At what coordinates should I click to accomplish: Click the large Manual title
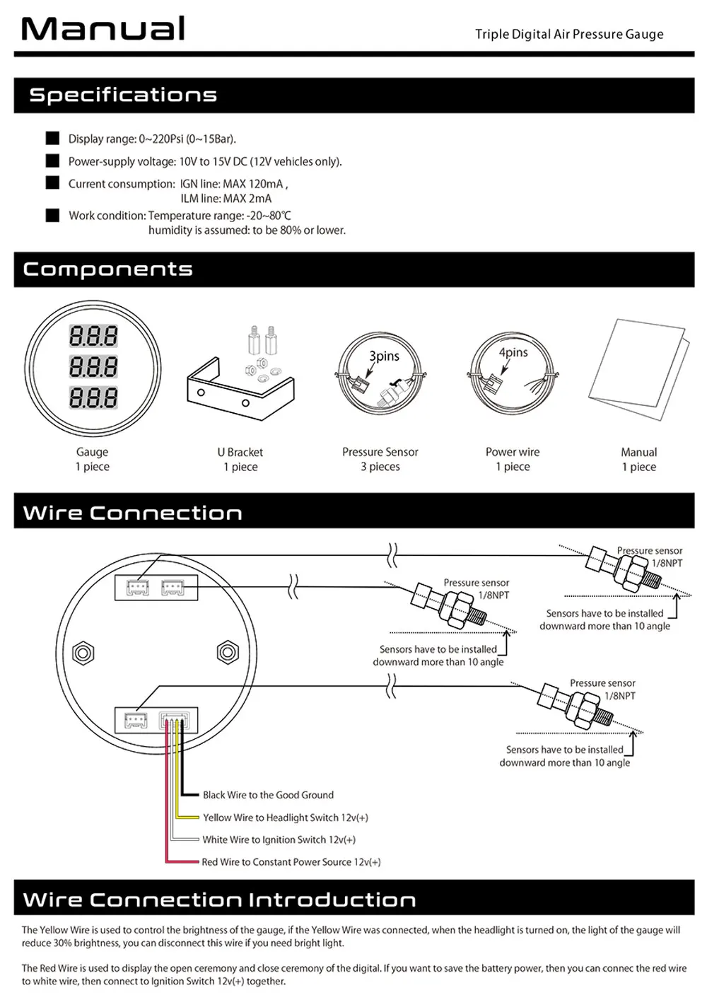[x=103, y=29]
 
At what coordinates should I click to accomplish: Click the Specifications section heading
[x=123, y=95]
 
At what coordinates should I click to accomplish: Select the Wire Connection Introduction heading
[x=219, y=900]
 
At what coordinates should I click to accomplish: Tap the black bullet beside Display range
[x=52, y=138]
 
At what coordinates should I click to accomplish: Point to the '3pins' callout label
[x=385, y=356]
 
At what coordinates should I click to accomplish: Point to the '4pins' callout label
[x=513, y=352]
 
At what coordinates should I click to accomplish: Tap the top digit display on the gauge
[x=93, y=336]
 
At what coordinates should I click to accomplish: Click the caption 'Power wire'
[x=513, y=452]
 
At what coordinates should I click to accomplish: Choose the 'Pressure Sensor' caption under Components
[x=380, y=452]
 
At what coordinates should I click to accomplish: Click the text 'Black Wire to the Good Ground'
[x=268, y=795]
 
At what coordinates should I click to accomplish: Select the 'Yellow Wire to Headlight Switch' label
[x=285, y=818]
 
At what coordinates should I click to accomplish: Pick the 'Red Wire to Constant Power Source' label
[x=291, y=862]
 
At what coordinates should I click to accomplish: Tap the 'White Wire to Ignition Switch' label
[x=279, y=840]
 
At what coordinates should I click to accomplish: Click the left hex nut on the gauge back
[x=83, y=651]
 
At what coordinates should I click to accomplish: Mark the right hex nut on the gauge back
[x=228, y=651]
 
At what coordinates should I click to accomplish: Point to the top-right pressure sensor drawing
[x=622, y=567]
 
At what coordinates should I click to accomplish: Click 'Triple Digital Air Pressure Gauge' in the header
[x=569, y=34]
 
